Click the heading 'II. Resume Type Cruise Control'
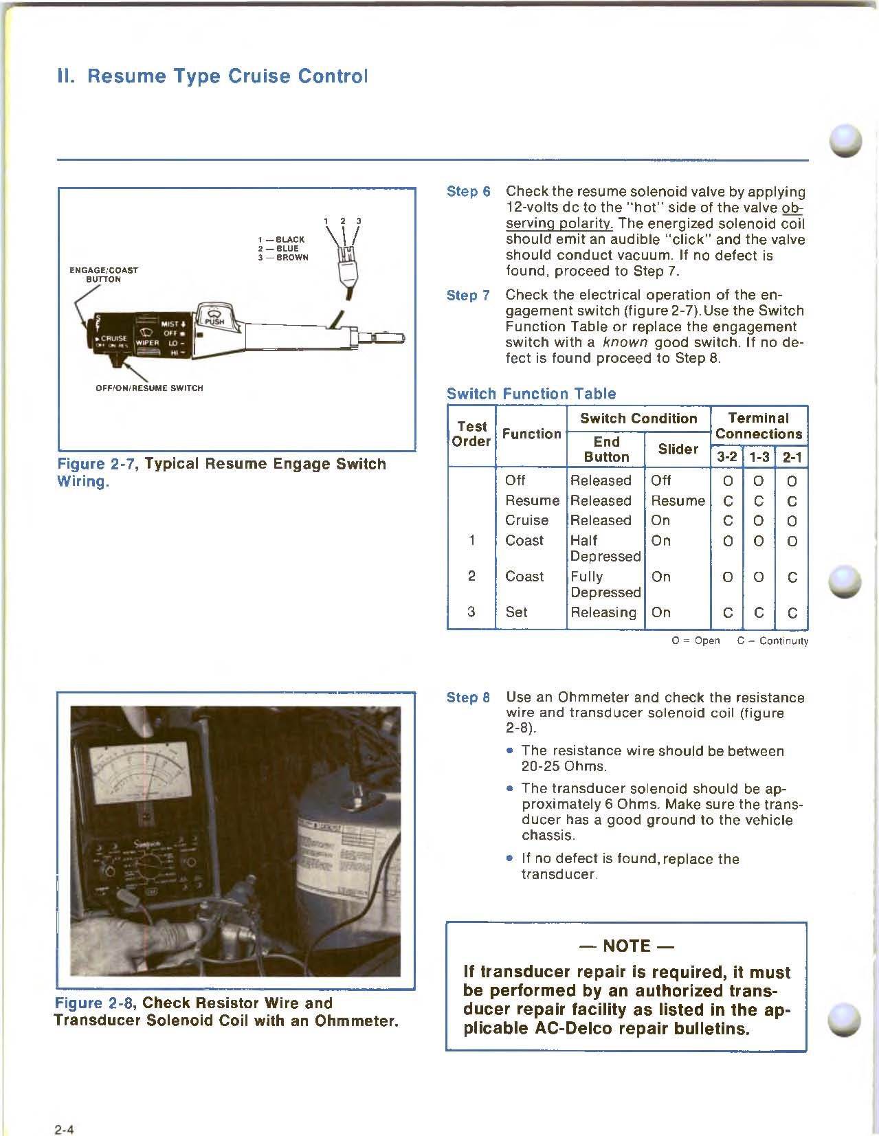pyautogui.click(x=212, y=76)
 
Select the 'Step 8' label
pyautogui.click(x=468, y=698)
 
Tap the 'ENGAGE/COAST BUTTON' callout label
pyautogui.click(x=104, y=274)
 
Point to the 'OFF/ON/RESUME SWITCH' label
pyautogui.click(x=149, y=388)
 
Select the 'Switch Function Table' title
pyautogui.click(x=531, y=394)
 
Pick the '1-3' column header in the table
pyautogui.click(x=759, y=456)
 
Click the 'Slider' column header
pyautogui.click(x=678, y=449)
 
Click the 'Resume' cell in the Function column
pyautogui.click(x=531, y=500)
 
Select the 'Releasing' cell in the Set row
pyautogui.click(x=603, y=612)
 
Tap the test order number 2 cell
pyautogui.click(x=471, y=576)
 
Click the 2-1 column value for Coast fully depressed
pyautogui.click(x=792, y=577)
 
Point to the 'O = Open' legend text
pyautogui.click(x=696, y=641)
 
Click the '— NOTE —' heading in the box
pyautogui.click(x=625, y=946)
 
